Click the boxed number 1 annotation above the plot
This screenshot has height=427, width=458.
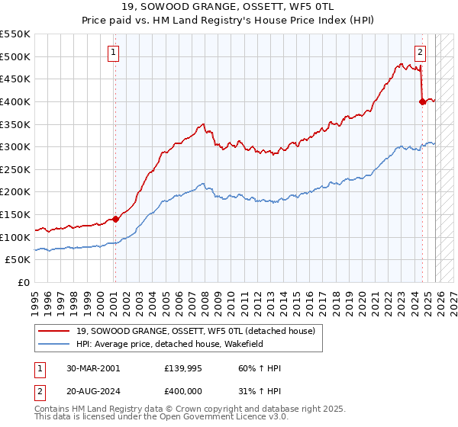click(x=113, y=53)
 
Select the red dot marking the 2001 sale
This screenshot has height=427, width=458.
click(x=115, y=219)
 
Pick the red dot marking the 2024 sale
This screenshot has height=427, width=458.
click(x=422, y=101)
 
